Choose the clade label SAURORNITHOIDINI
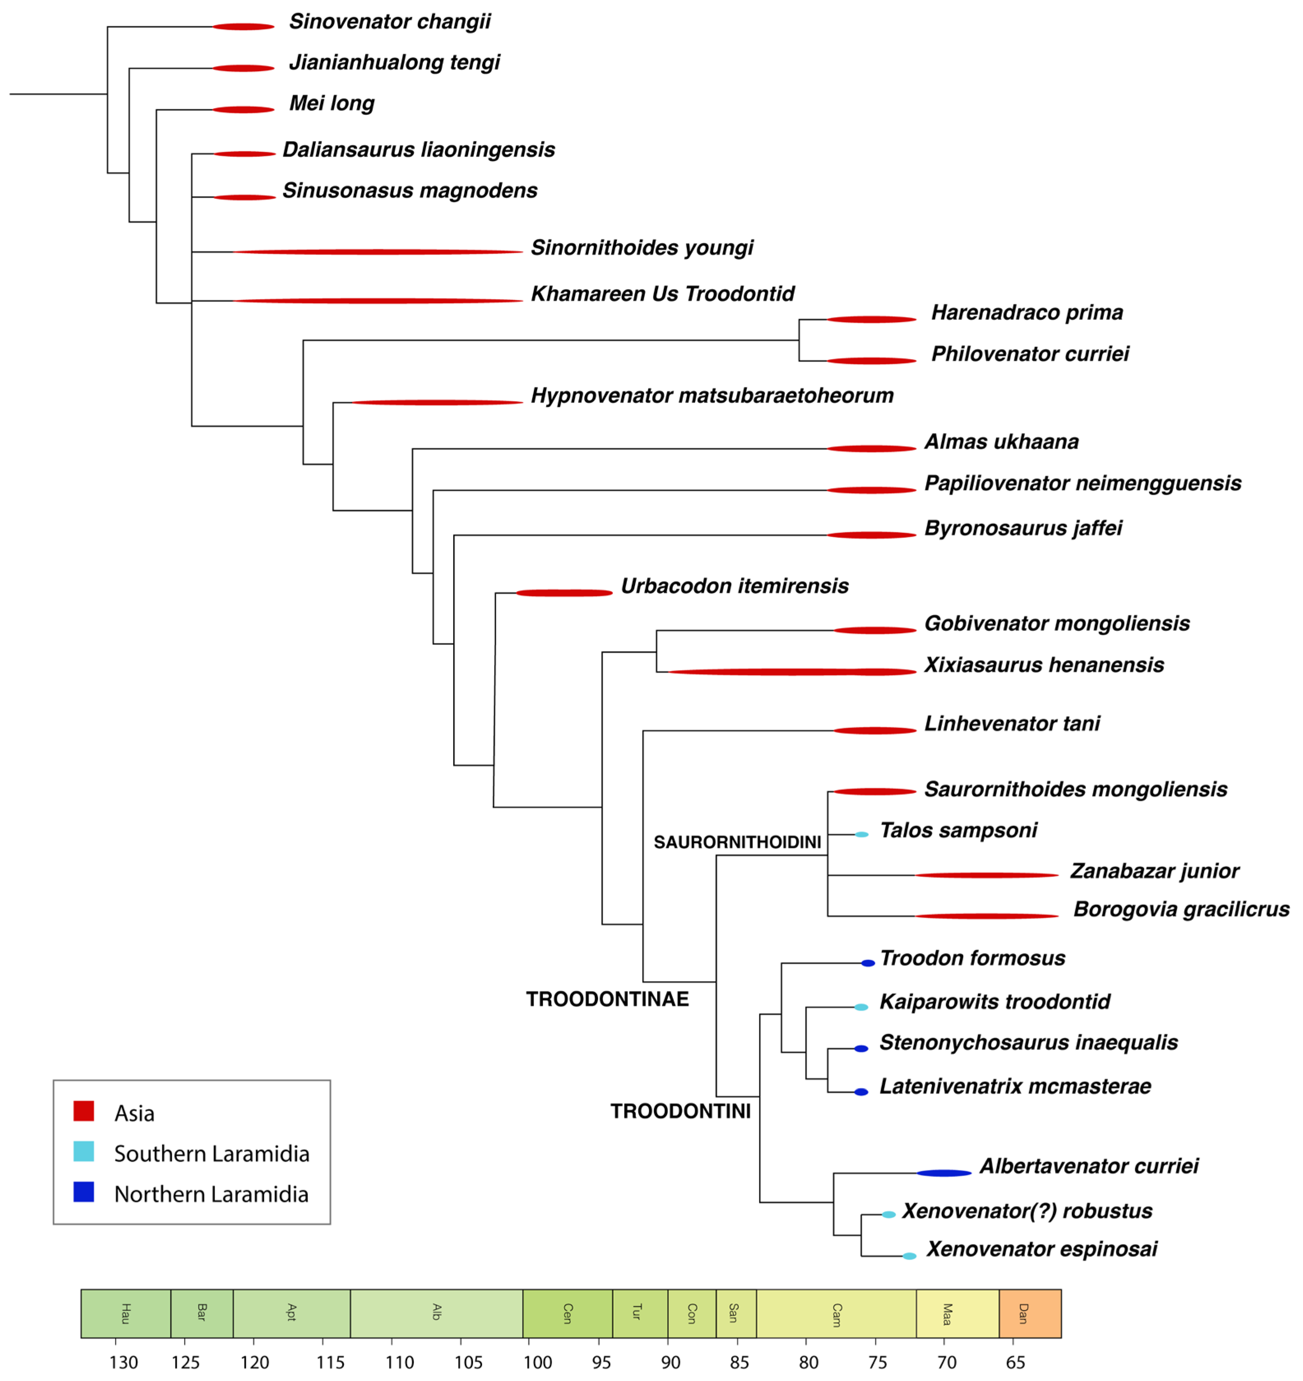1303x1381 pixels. click(737, 842)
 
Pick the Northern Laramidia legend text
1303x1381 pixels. click(211, 1194)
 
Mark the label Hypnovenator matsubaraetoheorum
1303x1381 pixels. click(712, 396)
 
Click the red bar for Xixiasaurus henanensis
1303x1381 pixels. click(792, 672)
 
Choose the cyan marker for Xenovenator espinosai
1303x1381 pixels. click(909, 1256)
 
